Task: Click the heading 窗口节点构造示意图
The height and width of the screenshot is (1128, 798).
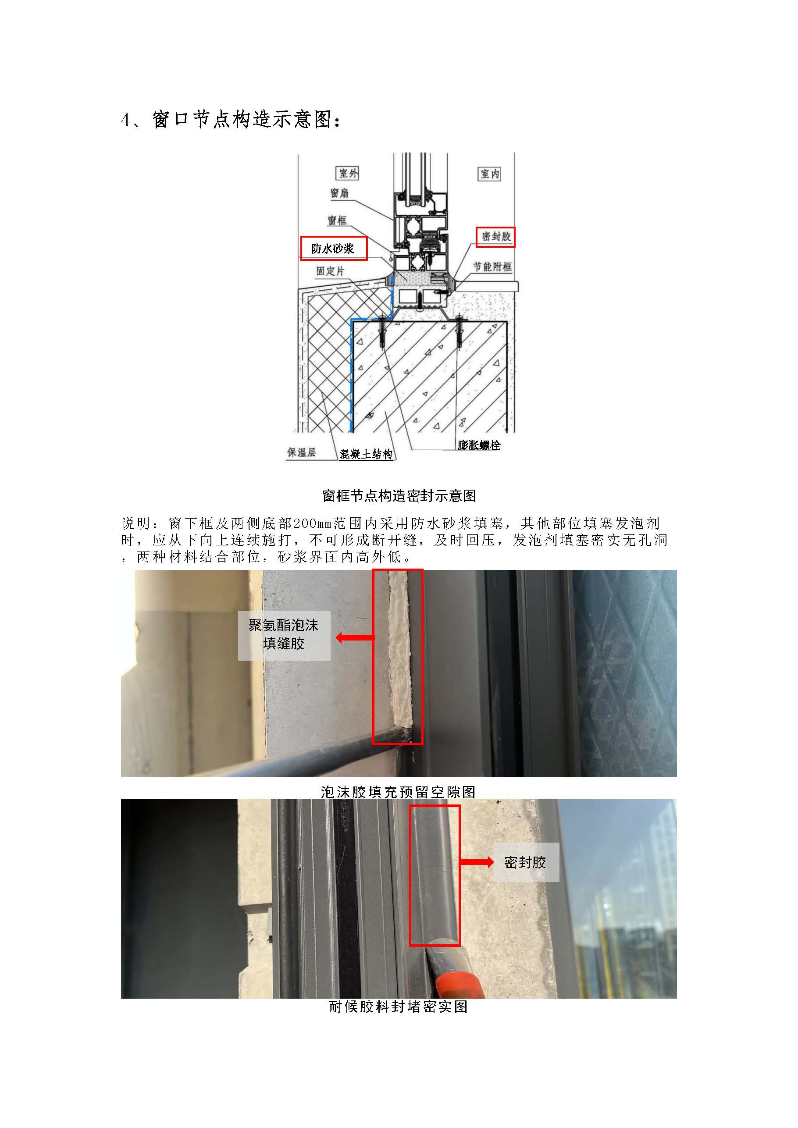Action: point(231,119)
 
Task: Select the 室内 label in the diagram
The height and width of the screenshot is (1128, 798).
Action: point(489,174)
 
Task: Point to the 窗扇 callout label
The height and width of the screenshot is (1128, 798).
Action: point(339,193)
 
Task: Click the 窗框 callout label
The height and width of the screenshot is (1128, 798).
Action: point(337,221)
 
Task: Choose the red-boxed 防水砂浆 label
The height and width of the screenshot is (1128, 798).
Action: point(333,249)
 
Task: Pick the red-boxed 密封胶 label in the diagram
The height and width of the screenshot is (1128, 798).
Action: point(495,236)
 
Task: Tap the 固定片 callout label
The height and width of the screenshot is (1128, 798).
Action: point(330,270)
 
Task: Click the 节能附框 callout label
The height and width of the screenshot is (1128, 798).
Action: point(492,267)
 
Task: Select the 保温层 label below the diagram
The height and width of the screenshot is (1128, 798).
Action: point(301,452)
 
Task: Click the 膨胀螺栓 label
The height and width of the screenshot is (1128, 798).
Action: point(479,445)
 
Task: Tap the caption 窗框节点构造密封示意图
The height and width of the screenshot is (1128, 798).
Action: point(399,496)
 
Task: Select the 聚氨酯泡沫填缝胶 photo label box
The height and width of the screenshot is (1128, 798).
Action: point(284,635)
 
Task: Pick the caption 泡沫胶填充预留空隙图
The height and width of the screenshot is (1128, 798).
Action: point(398,792)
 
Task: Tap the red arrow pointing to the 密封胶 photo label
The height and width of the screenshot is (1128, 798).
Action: point(477,862)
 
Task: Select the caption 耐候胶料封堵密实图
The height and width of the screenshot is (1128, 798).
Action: point(398,1007)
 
